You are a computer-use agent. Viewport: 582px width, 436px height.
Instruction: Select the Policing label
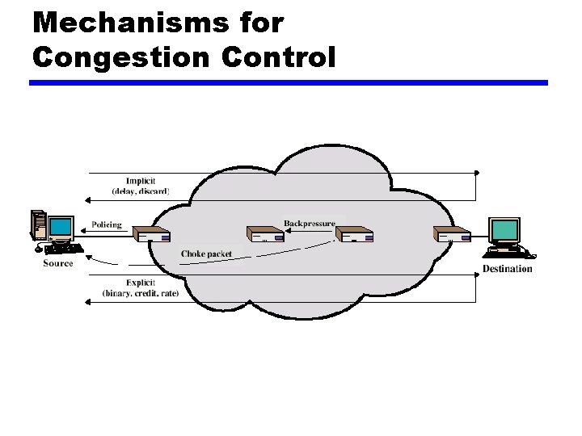pos(107,225)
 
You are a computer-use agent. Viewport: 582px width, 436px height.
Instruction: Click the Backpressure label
pos(309,224)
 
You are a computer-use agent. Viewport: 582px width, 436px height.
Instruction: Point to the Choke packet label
pos(206,254)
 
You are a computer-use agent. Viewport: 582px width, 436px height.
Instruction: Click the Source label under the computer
pos(58,263)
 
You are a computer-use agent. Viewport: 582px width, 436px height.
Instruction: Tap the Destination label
pos(508,268)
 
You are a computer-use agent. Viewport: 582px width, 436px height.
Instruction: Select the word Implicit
pos(141,181)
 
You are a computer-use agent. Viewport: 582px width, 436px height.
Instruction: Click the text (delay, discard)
pos(140,191)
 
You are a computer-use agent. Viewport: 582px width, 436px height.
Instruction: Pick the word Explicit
pos(141,283)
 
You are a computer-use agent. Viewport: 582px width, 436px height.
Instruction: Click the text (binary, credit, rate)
pos(141,293)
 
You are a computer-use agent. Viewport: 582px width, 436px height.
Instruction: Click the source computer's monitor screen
pos(61,226)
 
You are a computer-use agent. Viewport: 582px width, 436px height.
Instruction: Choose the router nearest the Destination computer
pos(453,235)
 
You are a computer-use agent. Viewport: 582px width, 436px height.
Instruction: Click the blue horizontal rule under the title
pos(289,82)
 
